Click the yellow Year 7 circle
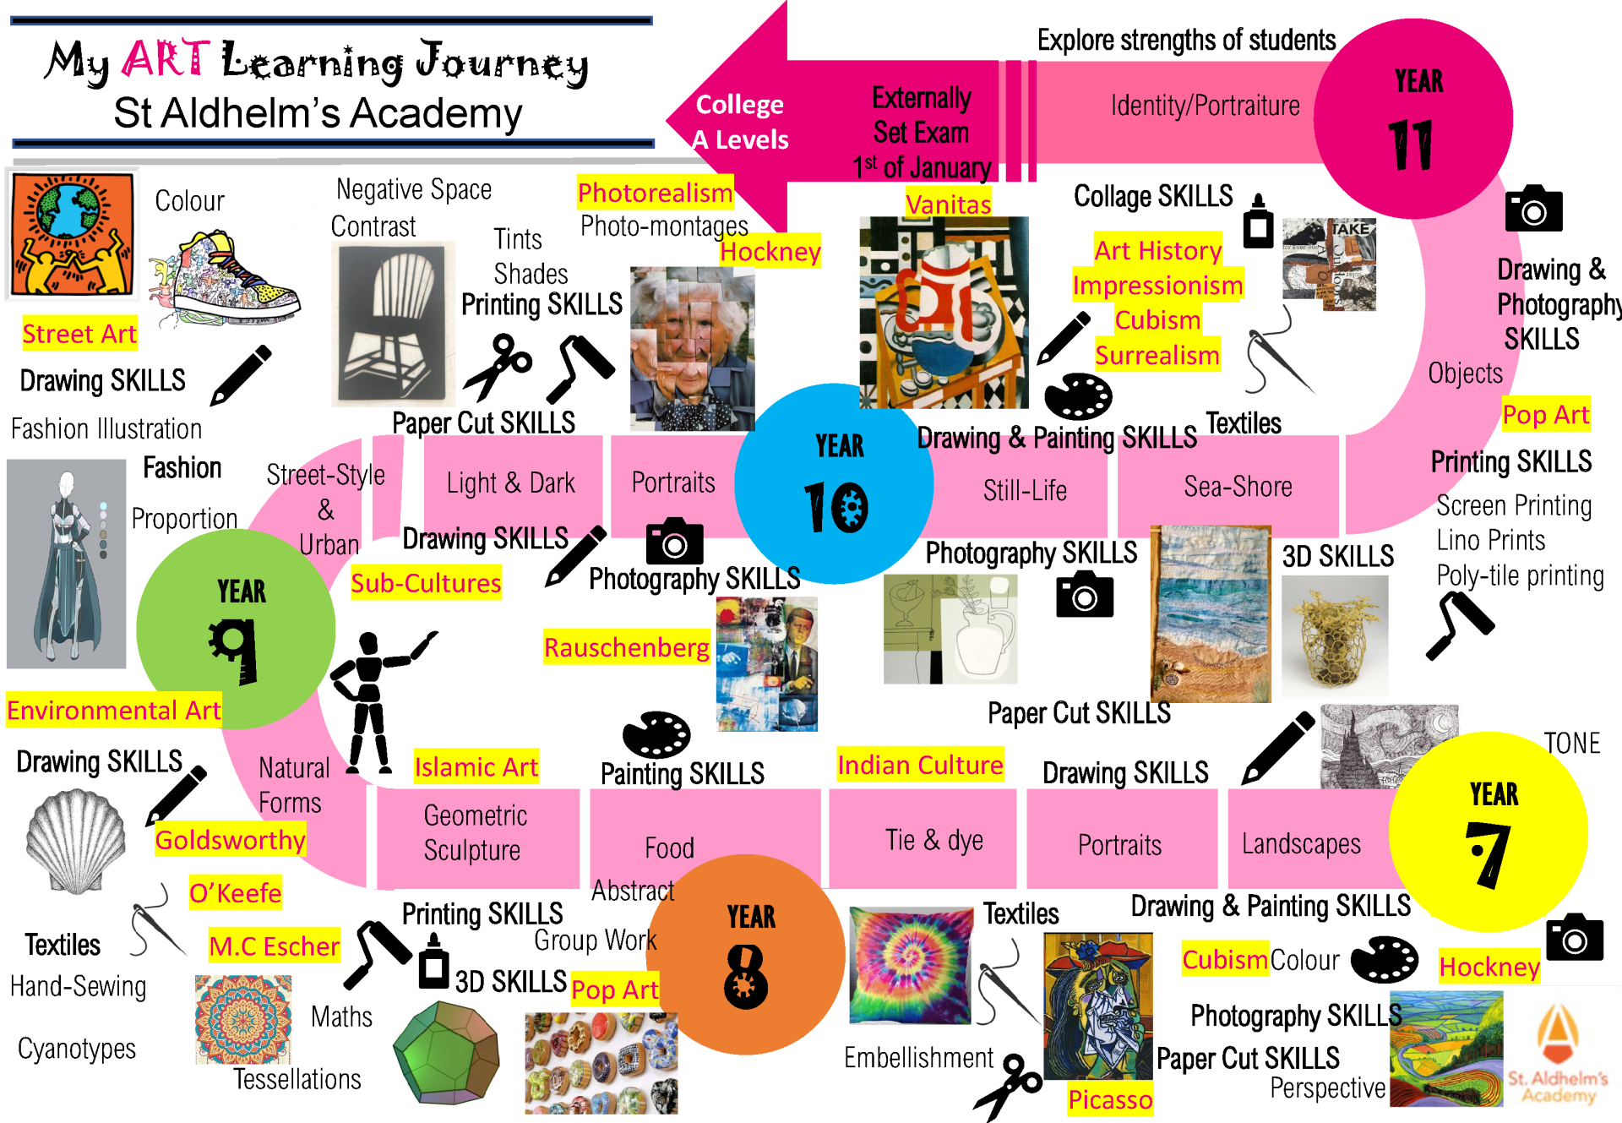(1489, 832)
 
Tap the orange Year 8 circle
(748, 955)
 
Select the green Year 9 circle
(237, 630)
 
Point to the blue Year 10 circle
(835, 484)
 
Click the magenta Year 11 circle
(1412, 118)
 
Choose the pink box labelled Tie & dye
(923, 839)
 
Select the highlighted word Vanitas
(948, 204)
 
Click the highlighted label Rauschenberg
(626, 647)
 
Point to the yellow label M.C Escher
(275, 946)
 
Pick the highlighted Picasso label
(1109, 1099)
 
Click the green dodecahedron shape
(446, 1053)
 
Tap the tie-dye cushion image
(911, 965)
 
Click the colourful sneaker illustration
(224, 279)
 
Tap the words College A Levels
(740, 122)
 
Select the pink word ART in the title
(166, 59)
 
